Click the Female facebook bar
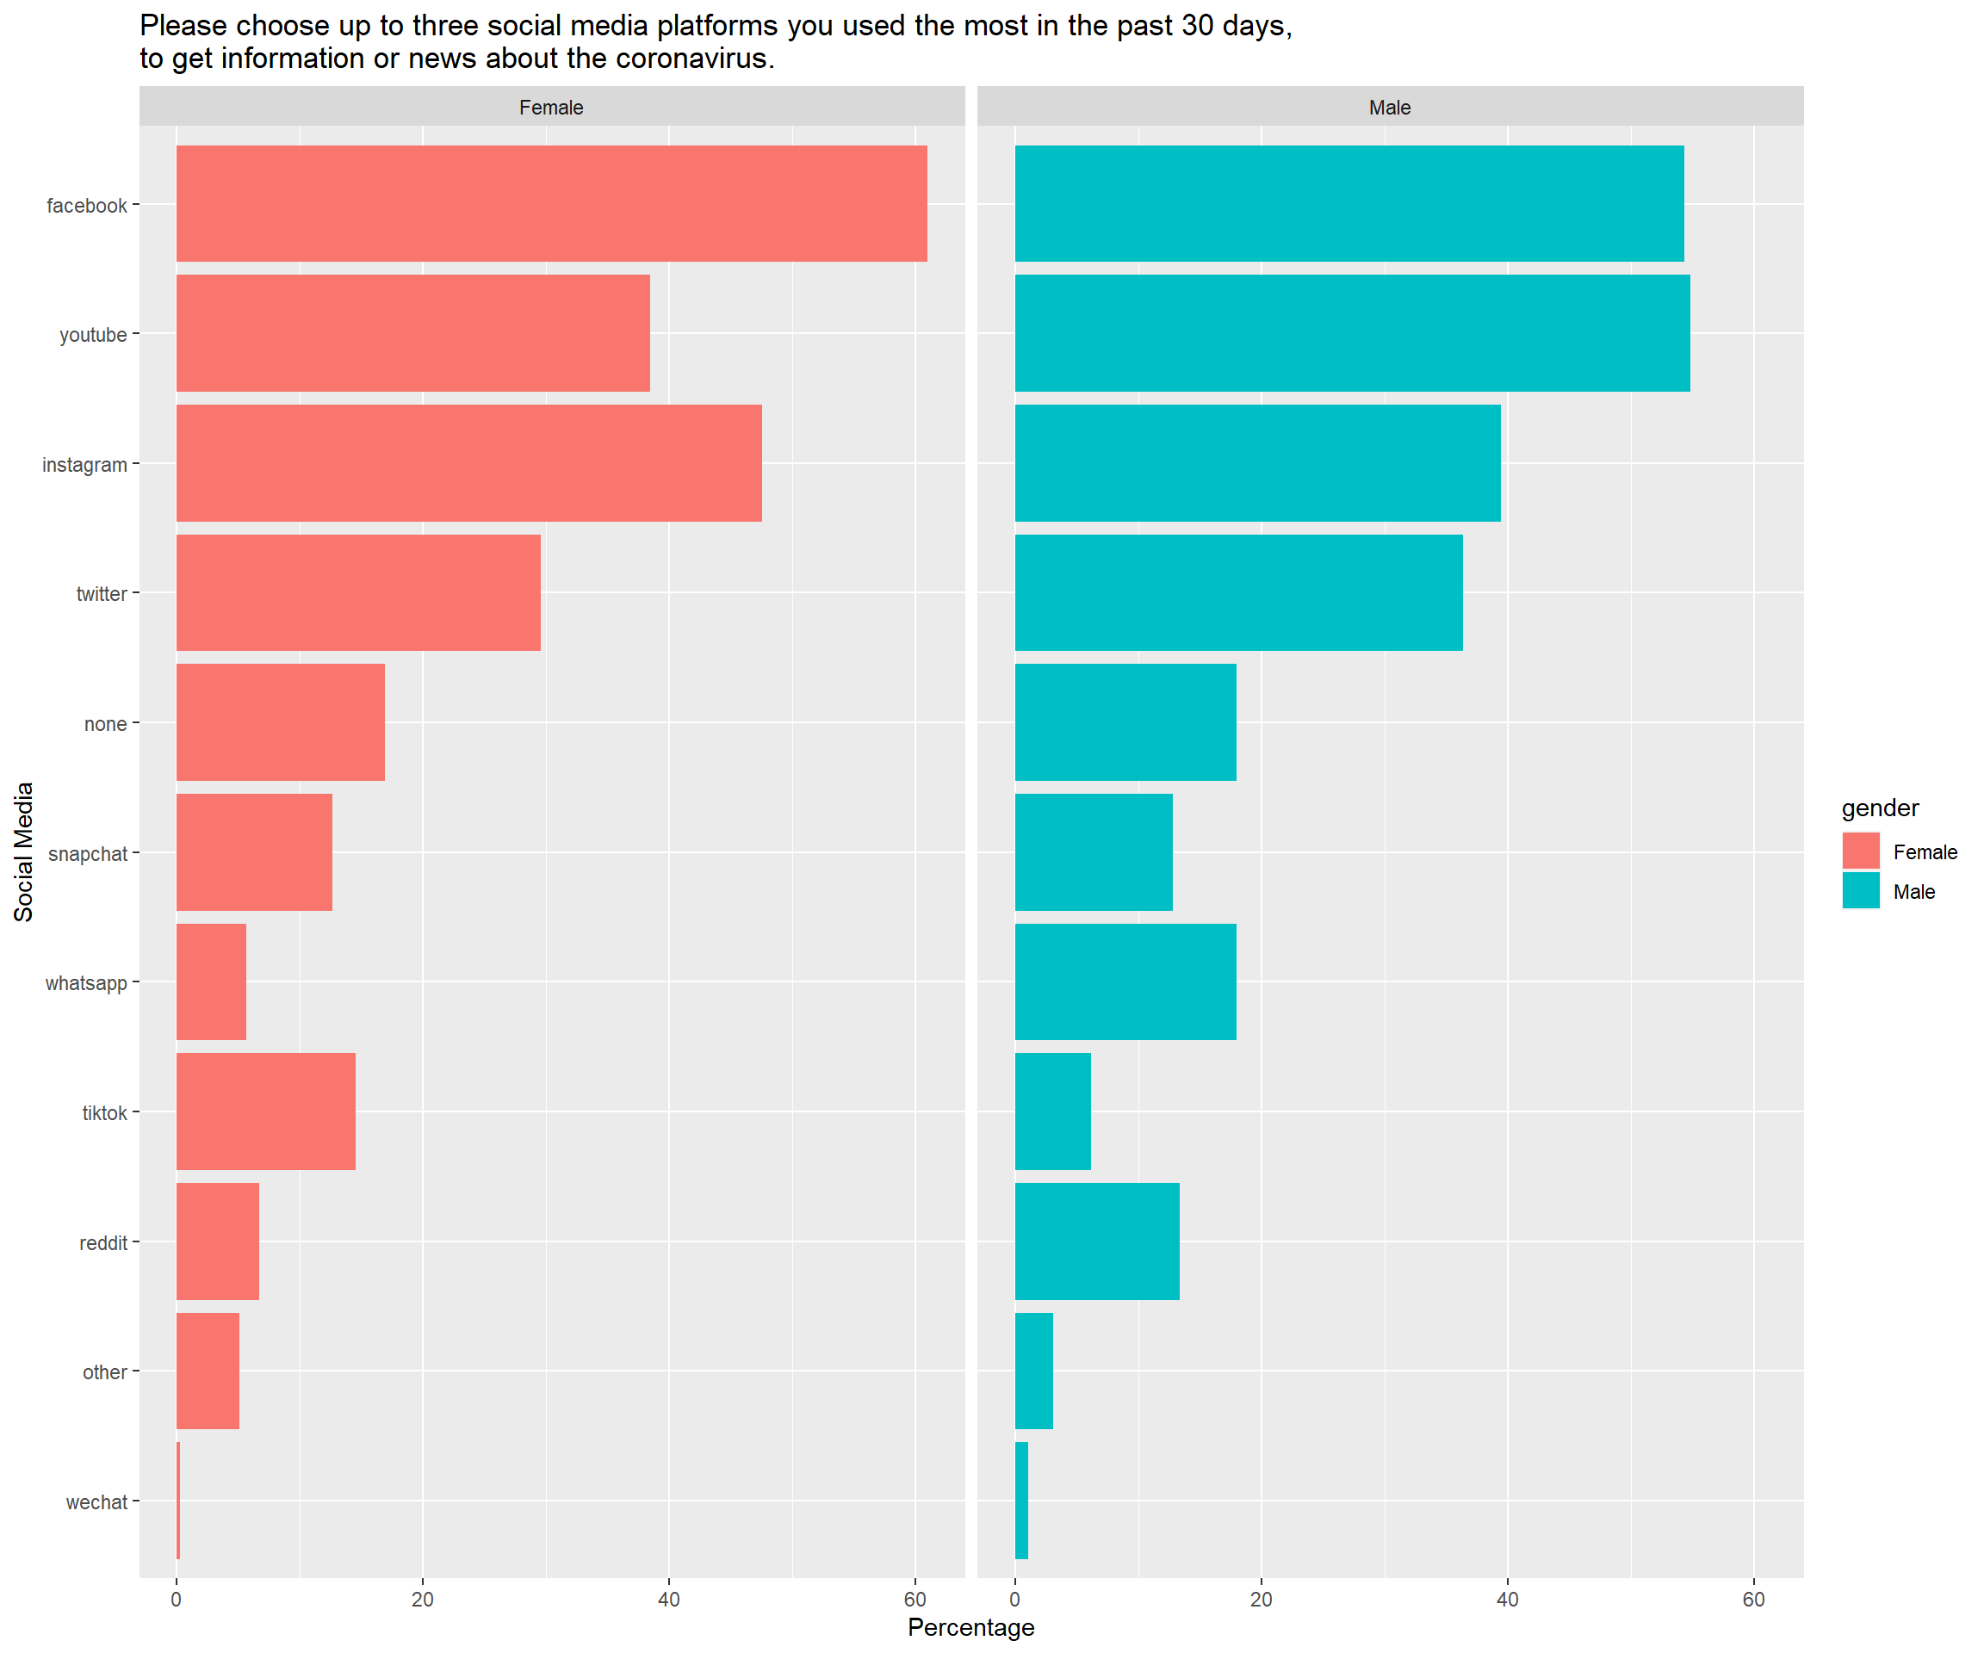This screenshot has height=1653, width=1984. point(551,203)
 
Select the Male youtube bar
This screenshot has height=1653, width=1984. point(1352,332)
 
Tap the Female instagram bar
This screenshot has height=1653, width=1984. point(468,463)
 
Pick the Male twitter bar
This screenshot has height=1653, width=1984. point(1238,592)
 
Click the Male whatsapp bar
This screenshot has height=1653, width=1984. point(1125,981)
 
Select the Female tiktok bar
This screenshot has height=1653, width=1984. point(265,1111)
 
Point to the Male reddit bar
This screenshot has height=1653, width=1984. point(1097,1241)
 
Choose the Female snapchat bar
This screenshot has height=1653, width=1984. point(254,852)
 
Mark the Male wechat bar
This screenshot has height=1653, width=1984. point(1021,1501)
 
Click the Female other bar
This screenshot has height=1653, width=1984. point(208,1371)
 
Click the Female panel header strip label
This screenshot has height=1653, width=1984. point(551,108)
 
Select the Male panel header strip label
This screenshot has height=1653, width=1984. point(1390,108)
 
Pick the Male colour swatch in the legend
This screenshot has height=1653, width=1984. point(1860,891)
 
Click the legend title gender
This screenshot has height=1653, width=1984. point(1880,808)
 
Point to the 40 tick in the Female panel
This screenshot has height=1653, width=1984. point(669,1599)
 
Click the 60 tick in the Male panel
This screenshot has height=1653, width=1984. point(1753,1599)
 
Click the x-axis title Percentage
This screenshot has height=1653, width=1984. point(971,1627)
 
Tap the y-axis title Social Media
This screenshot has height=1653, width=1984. point(23,852)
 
